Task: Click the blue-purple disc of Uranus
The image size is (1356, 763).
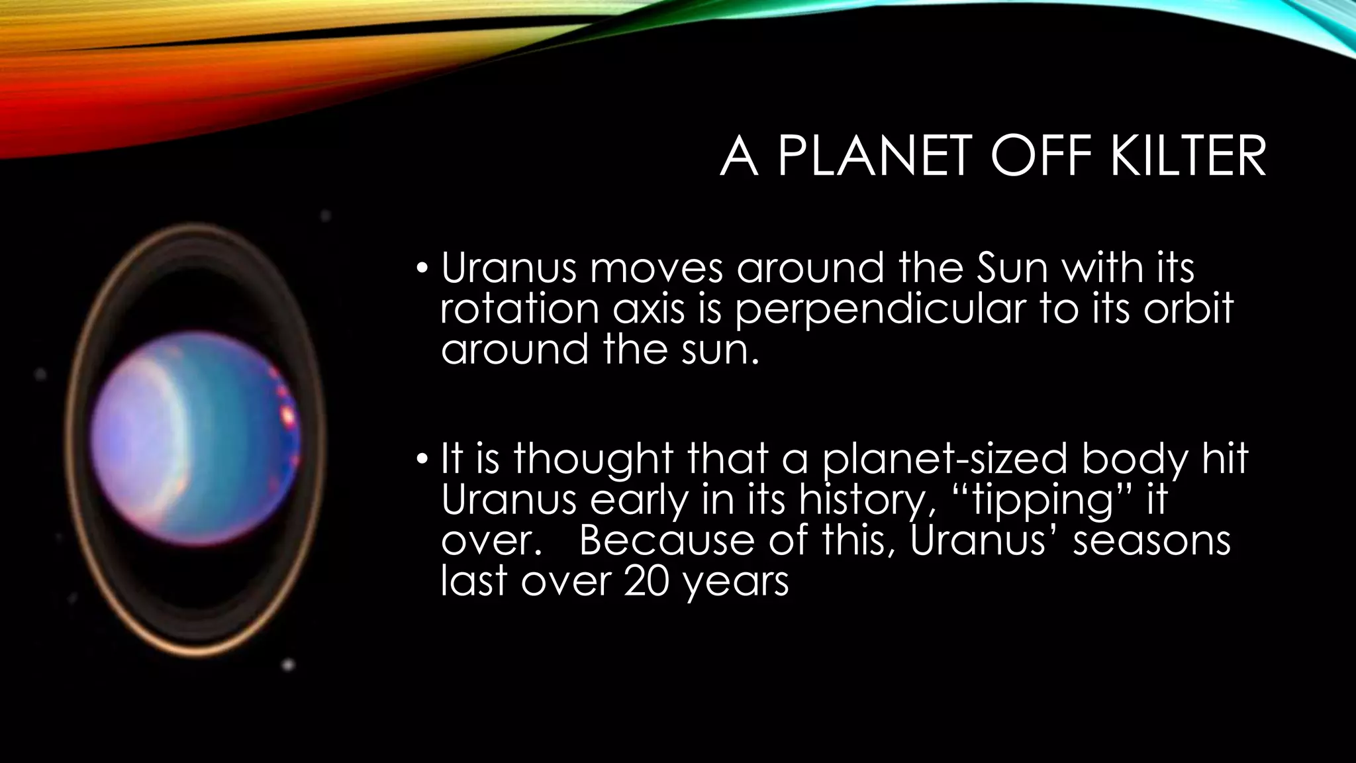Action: tap(192, 437)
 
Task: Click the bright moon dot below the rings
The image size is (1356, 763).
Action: tap(288, 664)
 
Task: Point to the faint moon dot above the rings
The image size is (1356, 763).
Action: tap(325, 216)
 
